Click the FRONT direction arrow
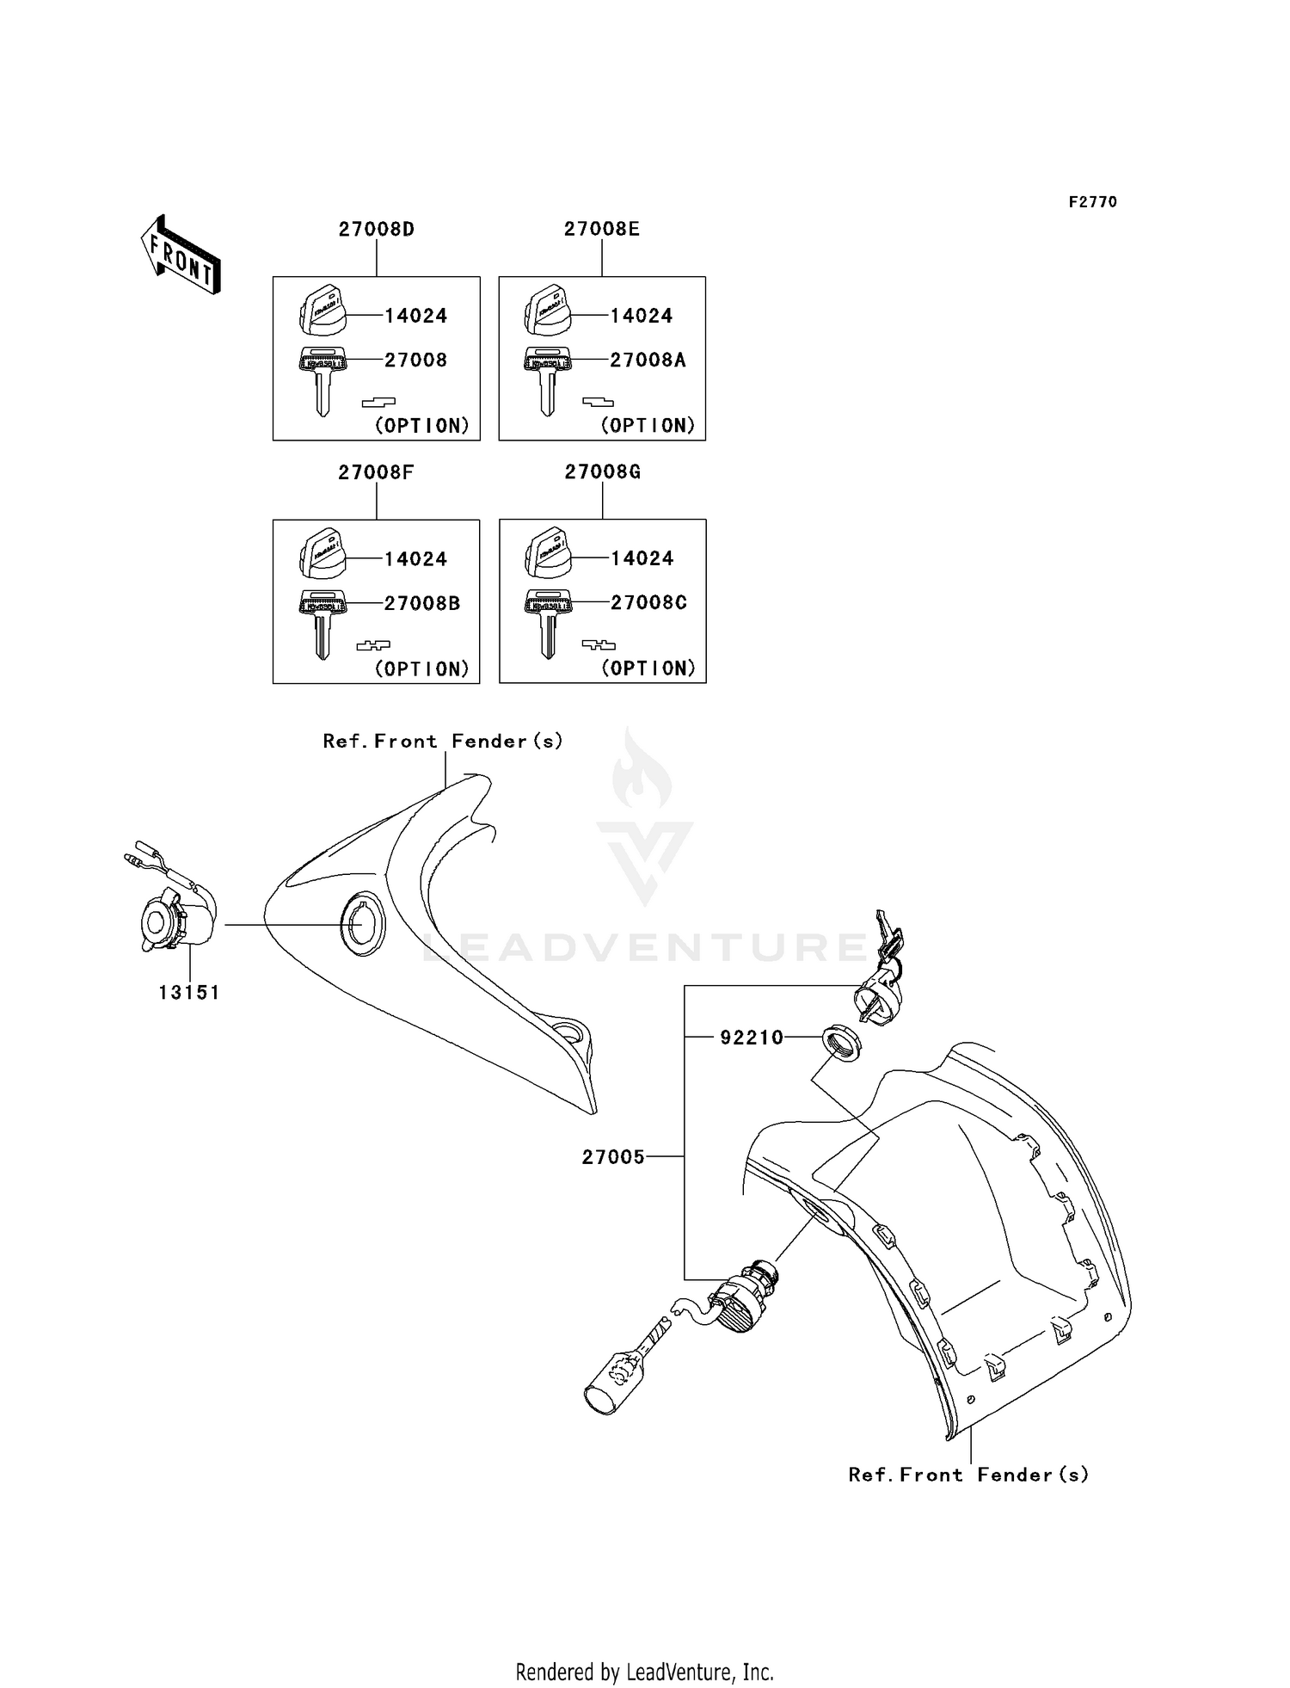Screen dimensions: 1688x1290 pyautogui.click(x=181, y=255)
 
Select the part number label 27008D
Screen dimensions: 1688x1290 pyautogui.click(x=376, y=230)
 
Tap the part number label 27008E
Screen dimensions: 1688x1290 pyautogui.click(x=602, y=229)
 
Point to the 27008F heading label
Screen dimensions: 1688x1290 pyautogui.click(x=376, y=472)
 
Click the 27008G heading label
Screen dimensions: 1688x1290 pyautogui.click(x=602, y=471)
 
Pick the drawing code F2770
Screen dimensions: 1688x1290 pyautogui.click(x=1092, y=202)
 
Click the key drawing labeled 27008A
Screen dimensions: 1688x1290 pyautogui.click(x=547, y=379)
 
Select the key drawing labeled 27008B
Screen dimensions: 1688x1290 pyautogui.click(x=322, y=623)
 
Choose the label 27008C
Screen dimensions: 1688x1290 pyautogui.click(x=648, y=602)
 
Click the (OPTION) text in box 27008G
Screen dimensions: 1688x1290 pyautogui.click(x=648, y=668)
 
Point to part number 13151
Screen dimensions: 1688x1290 pyautogui.click(x=189, y=992)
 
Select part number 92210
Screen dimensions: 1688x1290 pyautogui.click(x=752, y=1038)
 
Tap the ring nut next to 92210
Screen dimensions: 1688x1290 pyautogui.click(x=842, y=1043)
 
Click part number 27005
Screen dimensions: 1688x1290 pyautogui.click(x=613, y=1157)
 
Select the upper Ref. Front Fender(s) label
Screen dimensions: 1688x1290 pyautogui.click(x=443, y=741)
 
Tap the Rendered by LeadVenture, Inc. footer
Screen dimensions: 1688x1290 pyautogui.click(x=644, y=1672)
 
